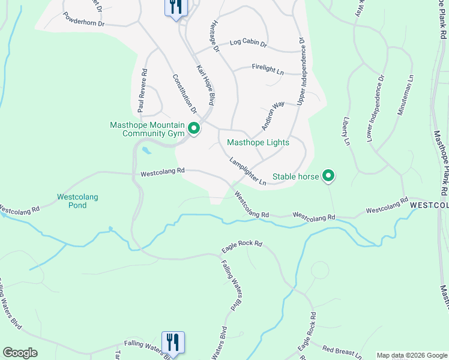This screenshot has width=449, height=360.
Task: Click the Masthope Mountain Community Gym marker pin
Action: click(194, 128)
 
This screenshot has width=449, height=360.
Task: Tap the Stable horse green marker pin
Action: click(328, 176)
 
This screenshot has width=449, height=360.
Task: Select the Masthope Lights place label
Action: click(258, 143)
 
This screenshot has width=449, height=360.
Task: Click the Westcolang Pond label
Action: click(77, 201)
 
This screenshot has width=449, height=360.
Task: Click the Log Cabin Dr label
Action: click(248, 44)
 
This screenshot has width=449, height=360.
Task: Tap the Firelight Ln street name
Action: click(268, 70)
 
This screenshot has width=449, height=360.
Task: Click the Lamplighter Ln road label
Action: click(247, 171)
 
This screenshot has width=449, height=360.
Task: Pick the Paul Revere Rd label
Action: click(142, 91)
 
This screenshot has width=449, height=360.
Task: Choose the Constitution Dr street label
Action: click(185, 94)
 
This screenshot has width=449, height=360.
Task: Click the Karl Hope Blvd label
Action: click(205, 85)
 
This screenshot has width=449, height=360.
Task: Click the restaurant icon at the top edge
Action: click(176, 8)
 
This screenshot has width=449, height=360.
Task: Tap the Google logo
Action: click(20, 353)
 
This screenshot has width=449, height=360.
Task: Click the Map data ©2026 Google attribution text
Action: click(411, 355)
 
